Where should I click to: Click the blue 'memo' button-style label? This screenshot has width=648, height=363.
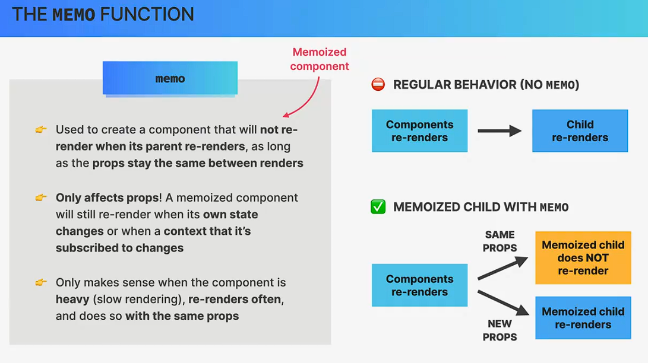(170, 78)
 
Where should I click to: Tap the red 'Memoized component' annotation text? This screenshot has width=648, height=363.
(319, 59)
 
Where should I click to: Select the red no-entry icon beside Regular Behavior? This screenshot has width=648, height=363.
(378, 85)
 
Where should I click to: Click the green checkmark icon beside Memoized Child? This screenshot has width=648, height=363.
(378, 207)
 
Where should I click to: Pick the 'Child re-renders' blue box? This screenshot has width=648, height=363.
(580, 131)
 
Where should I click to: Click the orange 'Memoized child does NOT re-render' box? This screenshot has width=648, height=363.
(583, 258)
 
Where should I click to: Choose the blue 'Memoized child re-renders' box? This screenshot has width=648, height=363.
(583, 318)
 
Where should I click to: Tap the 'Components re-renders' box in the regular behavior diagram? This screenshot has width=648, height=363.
(419, 131)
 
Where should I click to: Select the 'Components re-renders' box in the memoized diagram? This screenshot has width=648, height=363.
(419, 285)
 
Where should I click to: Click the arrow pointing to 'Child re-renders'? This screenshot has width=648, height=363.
(500, 131)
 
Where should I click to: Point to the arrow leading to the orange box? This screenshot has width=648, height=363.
(502, 267)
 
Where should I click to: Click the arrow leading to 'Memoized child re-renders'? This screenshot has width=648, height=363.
(502, 302)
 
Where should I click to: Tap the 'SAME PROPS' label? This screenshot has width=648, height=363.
(500, 241)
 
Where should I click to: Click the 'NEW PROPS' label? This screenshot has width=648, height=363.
(500, 330)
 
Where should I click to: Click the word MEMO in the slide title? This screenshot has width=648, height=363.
(74, 15)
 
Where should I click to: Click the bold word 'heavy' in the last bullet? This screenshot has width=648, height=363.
(72, 300)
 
